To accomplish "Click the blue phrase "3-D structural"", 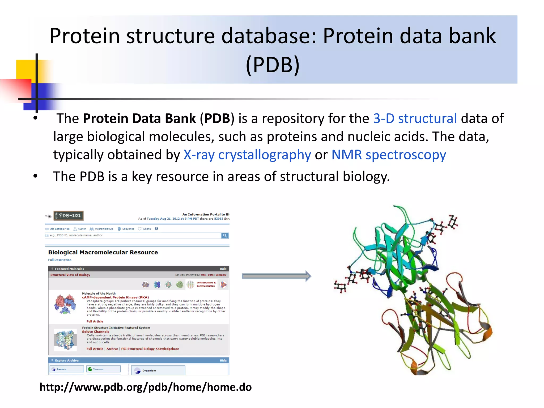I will coord(415,118).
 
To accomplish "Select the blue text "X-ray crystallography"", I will coord(247,155).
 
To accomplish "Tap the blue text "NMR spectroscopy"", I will coord(389,155).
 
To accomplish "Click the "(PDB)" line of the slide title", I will coord(273,65).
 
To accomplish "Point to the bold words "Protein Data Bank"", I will coord(139,118).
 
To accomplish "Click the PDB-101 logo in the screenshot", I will coord(69,216).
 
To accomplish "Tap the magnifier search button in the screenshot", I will coord(225,236).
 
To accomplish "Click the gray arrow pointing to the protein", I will coord(276,276).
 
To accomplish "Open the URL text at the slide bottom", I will coord(146,387).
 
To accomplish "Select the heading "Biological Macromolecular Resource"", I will coord(103,252).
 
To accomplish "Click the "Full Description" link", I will coord(60,260).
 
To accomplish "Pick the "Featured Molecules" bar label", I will coord(69,269).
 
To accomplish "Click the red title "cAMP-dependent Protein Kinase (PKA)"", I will coord(115,297).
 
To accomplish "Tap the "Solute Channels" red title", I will coord(96,331).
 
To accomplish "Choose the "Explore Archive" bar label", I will coord(67,360).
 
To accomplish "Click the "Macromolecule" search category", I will coord(104,229).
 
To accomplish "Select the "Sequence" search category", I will coord(128,229).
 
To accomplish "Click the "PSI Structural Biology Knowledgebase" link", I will coord(150,349).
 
